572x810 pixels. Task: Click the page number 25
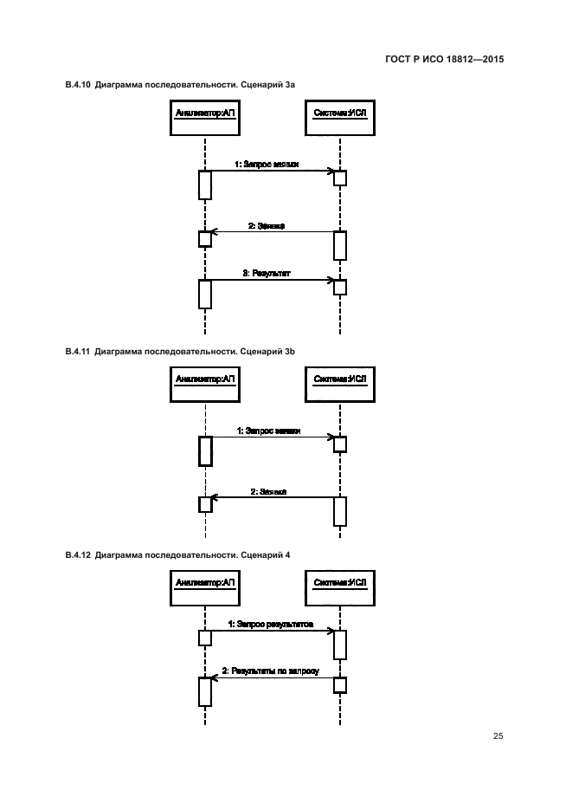(x=498, y=736)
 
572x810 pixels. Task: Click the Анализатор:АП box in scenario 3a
(x=205, y=117)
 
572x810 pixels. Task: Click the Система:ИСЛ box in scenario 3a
(x=340, y=117)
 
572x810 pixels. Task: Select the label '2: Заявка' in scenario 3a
(x=267, y=226)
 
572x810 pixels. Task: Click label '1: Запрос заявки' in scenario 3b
(x=273, y=431)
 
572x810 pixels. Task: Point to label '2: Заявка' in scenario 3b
(x=268, y=491)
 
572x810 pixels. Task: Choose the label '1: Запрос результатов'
(x=270, y=624)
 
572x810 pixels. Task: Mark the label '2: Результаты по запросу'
(x=270, y=671)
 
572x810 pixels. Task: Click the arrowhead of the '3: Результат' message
(x=331, y=280)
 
